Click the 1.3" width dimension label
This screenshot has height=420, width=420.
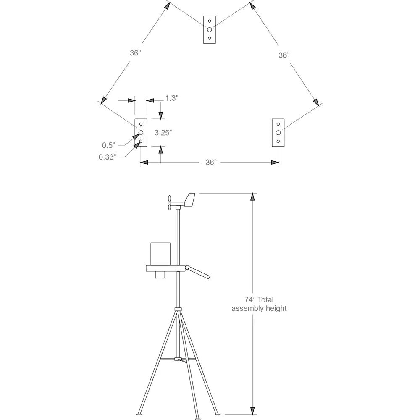[172, 98]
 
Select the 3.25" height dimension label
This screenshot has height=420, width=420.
[163, 132]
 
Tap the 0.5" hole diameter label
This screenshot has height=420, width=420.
[108, 145]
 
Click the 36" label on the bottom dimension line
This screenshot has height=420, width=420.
[211, 163]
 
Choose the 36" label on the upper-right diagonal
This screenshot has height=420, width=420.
[284, 55]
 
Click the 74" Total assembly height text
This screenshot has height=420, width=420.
[259, 304]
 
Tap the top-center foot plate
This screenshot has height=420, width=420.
[210, 29]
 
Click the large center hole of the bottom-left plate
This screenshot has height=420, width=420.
[141, 133]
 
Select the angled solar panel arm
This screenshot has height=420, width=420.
[198, 272]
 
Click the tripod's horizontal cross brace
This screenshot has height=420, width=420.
[178, 359]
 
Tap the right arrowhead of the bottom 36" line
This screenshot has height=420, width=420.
[275, 162]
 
